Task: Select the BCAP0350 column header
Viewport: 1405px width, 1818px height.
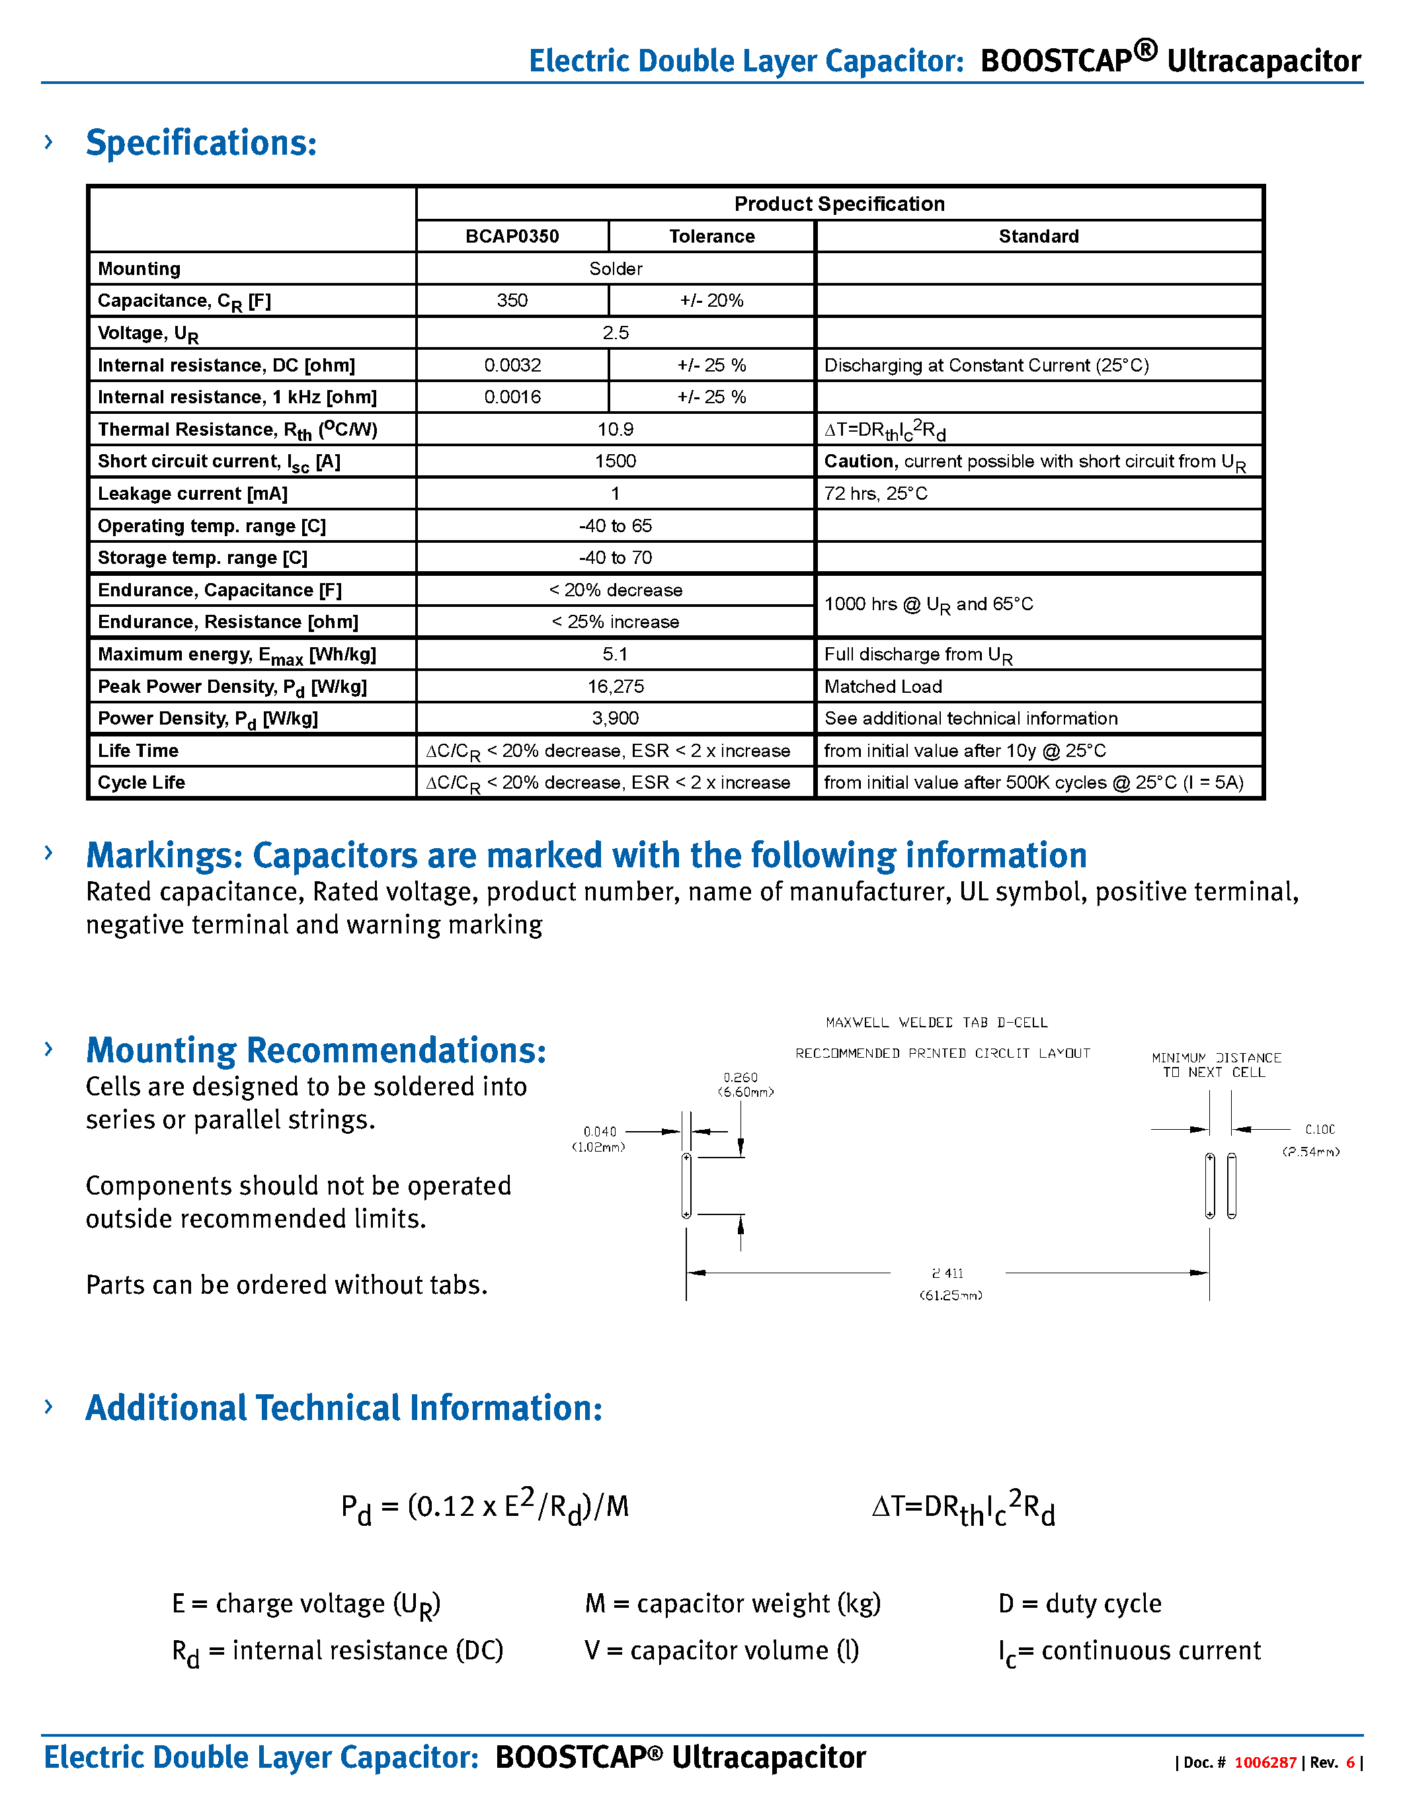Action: [x=512, y=237]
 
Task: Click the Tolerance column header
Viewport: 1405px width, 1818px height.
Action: [x=711, y=237]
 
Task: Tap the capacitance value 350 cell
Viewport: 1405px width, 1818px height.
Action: [x=512, y=301]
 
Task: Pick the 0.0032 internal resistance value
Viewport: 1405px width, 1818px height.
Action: [x=512, y=366]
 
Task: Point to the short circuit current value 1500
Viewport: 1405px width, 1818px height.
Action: [x=615, y=461]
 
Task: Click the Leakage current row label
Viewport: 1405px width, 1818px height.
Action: [x=192, y=494]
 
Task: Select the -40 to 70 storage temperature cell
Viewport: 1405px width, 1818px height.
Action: [x=615, y=558]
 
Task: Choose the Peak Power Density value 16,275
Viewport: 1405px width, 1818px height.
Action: [x=615, y=687]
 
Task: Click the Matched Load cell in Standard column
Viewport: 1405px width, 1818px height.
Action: [x=883, y=687]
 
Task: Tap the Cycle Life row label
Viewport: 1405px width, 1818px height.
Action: [x=141, y=783]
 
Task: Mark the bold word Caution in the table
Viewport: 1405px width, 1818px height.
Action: [x=860, y=461]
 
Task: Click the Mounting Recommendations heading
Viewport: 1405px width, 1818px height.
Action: [x=316, y=1050]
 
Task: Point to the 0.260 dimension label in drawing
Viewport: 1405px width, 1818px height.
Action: [x=740, y=1077]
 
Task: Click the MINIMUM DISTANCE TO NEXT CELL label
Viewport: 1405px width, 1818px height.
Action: [x=1215, y=1064]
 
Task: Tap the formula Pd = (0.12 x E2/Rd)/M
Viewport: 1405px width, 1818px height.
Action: [x=485, y=1507]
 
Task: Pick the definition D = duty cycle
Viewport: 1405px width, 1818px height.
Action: [x=1079, y=1603]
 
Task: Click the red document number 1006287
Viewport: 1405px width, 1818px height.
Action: [x=1264, y=1762]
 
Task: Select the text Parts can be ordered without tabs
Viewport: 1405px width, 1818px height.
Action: [x=286, y=1285]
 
